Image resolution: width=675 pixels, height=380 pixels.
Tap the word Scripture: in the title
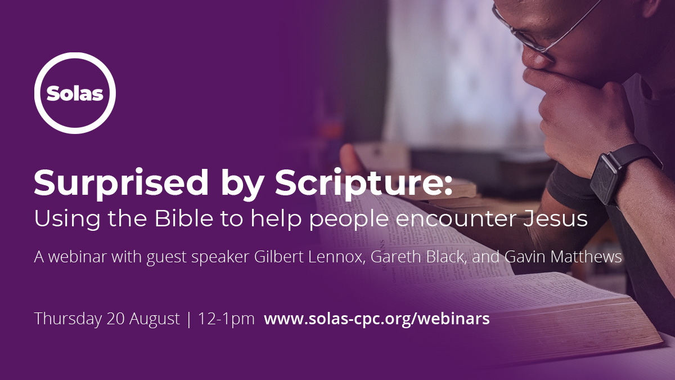[364, 184]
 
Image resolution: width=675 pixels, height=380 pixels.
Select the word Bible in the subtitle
[184, 218]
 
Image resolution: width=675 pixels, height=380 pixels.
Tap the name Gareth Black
[417, 257]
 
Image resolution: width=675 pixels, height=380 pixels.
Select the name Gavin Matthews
[563, 257]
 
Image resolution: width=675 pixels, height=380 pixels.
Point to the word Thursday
[68, 319]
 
